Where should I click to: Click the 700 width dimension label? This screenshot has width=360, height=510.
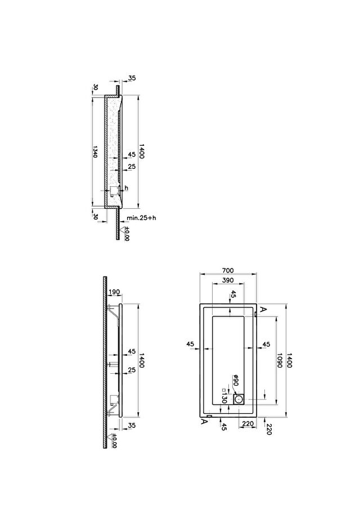pos(228,270)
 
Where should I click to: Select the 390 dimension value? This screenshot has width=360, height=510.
pos(228,280)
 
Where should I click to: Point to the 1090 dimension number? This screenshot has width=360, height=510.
pos(279,360)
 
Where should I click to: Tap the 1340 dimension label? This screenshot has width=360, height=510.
pos(95,151)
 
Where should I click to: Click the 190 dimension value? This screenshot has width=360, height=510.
pos(114,292)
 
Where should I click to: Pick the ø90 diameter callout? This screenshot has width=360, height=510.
pos(236,380)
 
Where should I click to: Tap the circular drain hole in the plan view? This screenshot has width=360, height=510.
pos(240,399)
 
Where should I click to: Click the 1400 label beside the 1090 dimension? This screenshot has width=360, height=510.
pos(290,360)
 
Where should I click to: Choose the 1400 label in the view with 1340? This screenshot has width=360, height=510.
pos(142,151)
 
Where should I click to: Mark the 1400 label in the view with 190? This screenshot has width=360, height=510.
pos(142,360)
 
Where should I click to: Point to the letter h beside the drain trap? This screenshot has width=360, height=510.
pos(127,188)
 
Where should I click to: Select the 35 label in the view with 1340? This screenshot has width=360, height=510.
pos(132,78)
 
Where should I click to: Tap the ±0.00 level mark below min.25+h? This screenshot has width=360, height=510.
pos(127,234)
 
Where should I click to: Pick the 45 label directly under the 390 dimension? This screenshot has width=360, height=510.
pos(233,295)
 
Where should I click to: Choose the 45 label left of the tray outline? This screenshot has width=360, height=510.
pos(190,344)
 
